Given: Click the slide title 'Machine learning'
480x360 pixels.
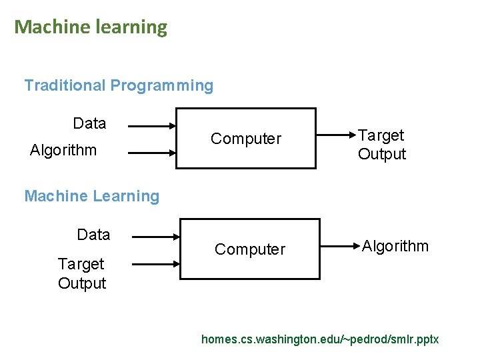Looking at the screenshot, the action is point(91,27).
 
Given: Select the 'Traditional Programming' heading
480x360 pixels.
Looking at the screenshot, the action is point(119,85).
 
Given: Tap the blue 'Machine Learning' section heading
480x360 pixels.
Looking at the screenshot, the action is point(91,196).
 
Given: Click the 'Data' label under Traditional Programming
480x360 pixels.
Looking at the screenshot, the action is point(89,123).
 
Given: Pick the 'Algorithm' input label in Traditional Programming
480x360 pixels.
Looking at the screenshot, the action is point(63,150).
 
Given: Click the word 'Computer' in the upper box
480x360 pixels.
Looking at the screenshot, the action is point(246,139).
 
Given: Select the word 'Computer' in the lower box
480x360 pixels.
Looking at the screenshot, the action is point(249,249).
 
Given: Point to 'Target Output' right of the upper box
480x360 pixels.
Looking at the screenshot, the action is point(381,145).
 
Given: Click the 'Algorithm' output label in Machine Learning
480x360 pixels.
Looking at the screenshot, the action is point(395,246).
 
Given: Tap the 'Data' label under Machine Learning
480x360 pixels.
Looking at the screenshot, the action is point(93,235).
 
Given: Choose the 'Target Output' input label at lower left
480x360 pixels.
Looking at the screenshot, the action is point(82,273).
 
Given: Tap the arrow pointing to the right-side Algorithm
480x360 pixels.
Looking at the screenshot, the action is point(341,247).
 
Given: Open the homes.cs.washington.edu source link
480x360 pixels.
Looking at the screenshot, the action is point(320,339).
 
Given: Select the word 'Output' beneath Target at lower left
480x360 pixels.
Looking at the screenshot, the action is point(82,283).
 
